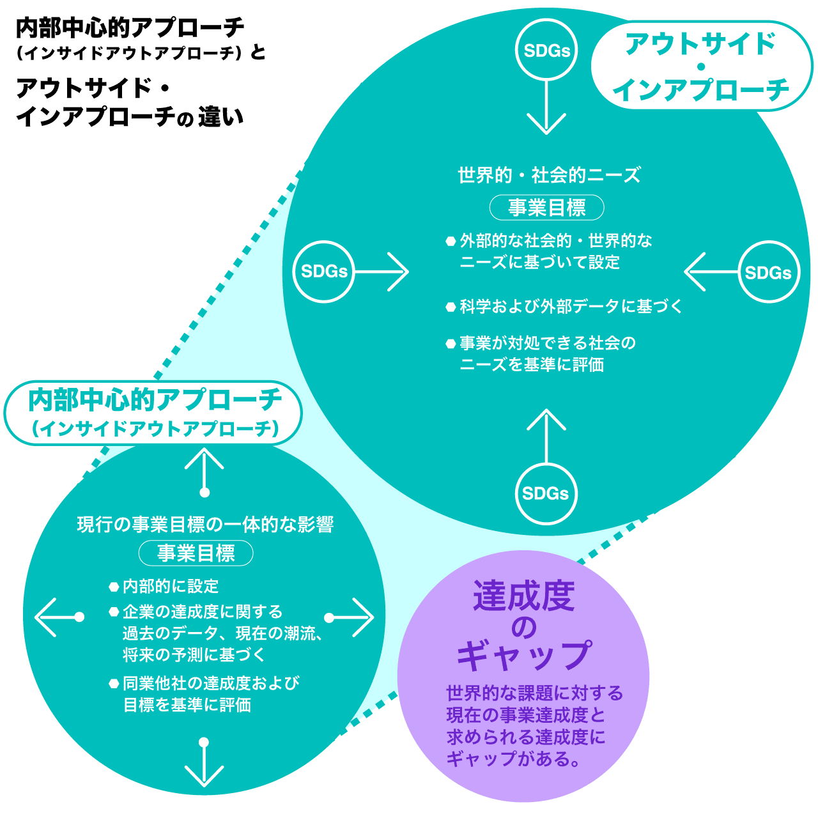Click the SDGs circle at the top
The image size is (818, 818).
[x=546, y=50]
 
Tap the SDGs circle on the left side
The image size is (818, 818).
[x=324, y=272]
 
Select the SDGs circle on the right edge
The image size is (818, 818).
[x=768, y=272]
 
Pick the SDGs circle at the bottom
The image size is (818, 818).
[x=546, y=493]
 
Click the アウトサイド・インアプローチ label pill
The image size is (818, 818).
[x=700, y=66]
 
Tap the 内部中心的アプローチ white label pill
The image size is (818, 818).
[x=153, y=413]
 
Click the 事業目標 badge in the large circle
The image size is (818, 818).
[x=546, y=208]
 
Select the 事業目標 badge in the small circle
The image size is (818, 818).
[x=196, y=553]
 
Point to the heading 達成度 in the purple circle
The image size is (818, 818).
[x=524, y=596]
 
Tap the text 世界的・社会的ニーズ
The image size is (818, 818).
[x=549, y=175]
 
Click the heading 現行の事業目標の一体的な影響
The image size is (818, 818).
[x=205, y=525]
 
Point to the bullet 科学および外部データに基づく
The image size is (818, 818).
[x=571, y=307]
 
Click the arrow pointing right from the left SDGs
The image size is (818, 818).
[x=382, y=272]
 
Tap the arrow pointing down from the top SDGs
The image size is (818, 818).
[x=546, y=106]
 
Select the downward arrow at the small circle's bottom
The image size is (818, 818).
[x=204, y=763]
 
